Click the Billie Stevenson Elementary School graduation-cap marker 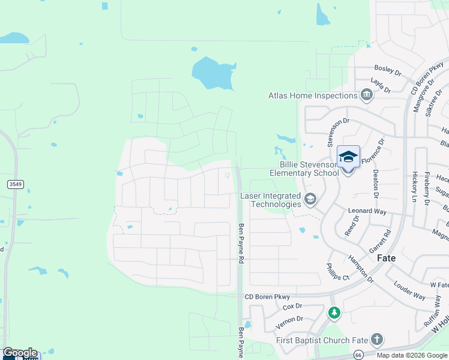coord(348,157)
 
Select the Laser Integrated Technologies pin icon coord(310,199)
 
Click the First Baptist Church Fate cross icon coord(376,340)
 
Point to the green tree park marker coord(334,313)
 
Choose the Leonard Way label coord(367,211)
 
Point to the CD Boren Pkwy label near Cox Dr coord(267,297)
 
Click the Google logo coord(20,353)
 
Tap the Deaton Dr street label coord(376,183)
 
